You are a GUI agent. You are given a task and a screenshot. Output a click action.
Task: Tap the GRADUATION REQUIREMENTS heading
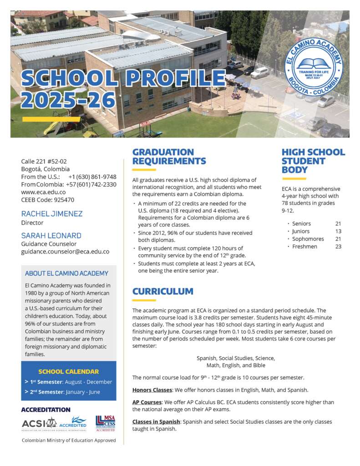coord(169,157)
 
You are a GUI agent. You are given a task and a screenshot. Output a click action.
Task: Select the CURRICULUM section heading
coord(162,291)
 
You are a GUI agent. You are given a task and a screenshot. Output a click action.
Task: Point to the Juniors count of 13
coord(338,231)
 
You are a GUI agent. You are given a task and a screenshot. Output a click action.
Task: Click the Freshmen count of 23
coord(338,247)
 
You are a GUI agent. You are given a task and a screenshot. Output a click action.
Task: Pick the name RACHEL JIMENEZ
coord(52,213)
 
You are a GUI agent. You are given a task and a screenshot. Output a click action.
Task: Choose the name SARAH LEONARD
coord(51,235)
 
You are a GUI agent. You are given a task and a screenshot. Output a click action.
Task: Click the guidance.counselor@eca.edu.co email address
coord(65,251)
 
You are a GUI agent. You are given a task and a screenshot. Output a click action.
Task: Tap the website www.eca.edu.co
coord(43,192)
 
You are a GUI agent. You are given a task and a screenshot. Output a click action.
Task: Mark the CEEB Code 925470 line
coord(47,199)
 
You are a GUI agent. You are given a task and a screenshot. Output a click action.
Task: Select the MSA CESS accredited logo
coord(105,423)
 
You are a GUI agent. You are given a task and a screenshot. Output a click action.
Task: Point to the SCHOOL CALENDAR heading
coord(68,371)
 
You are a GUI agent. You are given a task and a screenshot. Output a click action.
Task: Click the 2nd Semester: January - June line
coord(68,392)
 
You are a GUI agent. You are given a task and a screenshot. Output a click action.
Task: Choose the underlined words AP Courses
coord(147,402)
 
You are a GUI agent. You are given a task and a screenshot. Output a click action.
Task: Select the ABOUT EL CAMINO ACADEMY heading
coord(66,274)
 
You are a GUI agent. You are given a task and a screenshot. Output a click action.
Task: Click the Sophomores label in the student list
coord(308,239)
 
